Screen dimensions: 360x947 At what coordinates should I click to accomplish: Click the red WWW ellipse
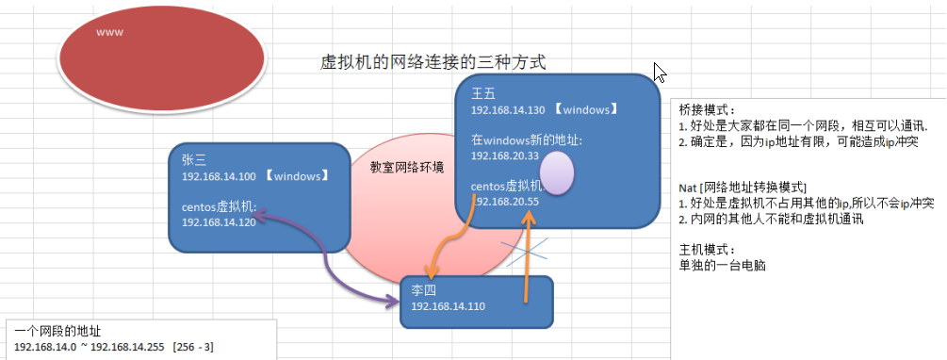click(x=161, y=52)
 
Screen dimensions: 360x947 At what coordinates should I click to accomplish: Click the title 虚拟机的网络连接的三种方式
click(x=433, y=62)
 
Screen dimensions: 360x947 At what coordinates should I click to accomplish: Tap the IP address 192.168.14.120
click(x=218, y=221)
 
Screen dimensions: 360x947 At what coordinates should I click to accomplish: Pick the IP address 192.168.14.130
click(x=509, y=109)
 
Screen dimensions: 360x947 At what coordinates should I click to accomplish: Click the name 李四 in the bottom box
click(x=423, y=292)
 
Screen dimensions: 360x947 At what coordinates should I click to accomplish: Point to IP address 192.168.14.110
click(x=448, y=307)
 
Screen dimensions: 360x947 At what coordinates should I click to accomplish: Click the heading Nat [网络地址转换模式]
click(x=743, y=188)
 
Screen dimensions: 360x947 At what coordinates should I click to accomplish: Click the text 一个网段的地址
click(x=58, y=332)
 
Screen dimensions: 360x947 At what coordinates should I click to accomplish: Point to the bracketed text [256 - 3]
click(x=193, y=347)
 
